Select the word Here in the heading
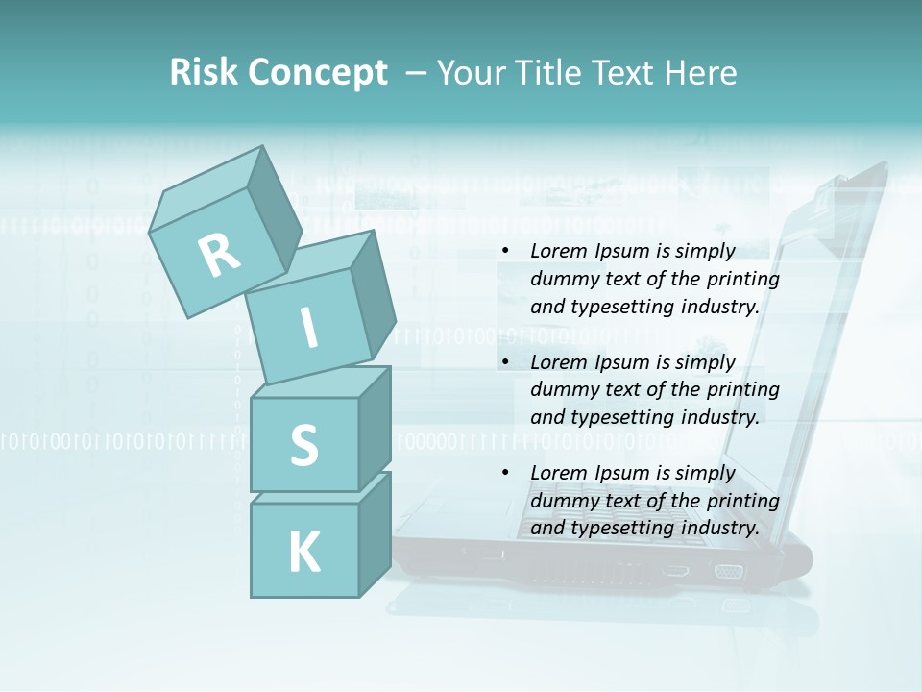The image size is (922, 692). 701,73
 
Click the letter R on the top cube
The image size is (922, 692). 219,255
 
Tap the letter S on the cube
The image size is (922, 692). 303,445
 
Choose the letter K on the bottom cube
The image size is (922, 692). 303,553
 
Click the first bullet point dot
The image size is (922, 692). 505,252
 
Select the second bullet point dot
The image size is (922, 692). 505,362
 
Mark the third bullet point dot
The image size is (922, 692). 505,473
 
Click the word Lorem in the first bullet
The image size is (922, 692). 557,251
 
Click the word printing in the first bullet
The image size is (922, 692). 743,279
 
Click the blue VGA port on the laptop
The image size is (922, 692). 728,572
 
